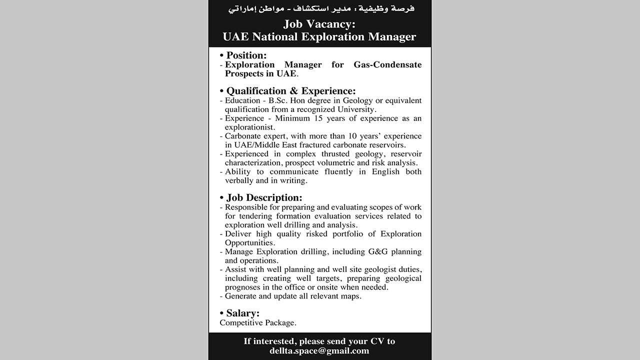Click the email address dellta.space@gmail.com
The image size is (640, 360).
tap(319, 351)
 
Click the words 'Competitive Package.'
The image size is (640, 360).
tap(258, 323)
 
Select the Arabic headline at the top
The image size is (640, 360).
tap(319, 9)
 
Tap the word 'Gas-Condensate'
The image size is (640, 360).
tap(387, 64)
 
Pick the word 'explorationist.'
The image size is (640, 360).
tap(250, 127)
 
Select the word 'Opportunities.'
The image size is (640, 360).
tap(250, 243)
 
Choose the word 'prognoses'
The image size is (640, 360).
tap(242, 287)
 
